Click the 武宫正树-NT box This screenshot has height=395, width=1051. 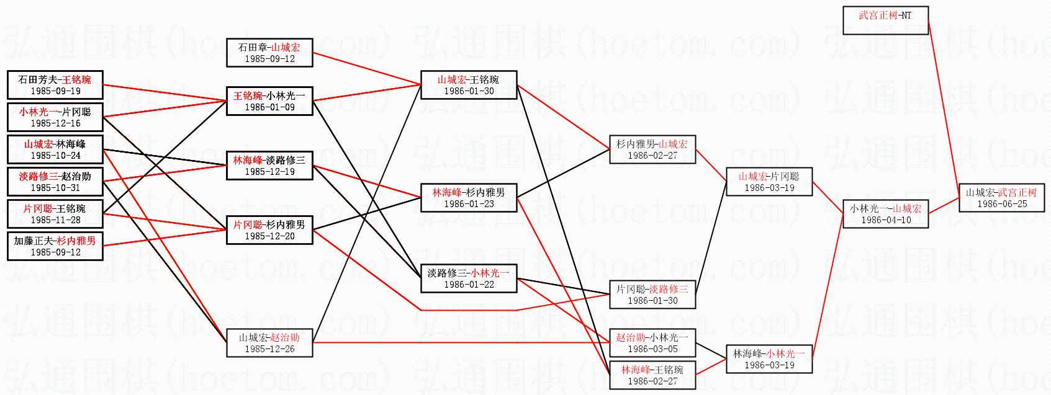point(885,20)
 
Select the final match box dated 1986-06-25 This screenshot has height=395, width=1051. point(1002,198)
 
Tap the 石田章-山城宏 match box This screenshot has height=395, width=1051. point(269,53)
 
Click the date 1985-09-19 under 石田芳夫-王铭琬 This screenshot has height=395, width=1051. point(55,91)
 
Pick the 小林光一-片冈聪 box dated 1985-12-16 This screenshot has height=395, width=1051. point(55,117)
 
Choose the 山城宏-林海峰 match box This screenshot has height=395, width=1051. point(55,149)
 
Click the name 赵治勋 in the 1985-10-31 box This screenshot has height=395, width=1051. point(76,176)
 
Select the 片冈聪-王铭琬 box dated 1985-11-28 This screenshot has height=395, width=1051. point(55,214)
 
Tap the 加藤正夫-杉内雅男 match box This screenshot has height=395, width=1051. point(55,246)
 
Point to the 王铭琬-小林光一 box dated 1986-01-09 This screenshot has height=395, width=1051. point(269,101)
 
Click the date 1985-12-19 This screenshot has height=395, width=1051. point(269,172)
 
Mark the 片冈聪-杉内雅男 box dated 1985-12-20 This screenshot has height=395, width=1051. point(269,230)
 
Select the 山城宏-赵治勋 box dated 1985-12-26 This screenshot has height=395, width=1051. point(269,343)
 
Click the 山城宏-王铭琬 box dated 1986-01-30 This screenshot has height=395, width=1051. point(469,85)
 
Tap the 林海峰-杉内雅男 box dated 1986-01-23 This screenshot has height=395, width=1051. point(469,198)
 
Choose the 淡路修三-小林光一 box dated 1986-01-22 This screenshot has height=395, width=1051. point(469,278)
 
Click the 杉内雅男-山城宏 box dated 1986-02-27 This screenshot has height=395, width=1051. point(652,149)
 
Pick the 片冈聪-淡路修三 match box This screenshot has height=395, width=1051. point(652,295)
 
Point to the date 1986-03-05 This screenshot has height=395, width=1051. point(652,349)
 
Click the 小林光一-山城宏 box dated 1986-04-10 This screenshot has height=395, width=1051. point(886,214)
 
